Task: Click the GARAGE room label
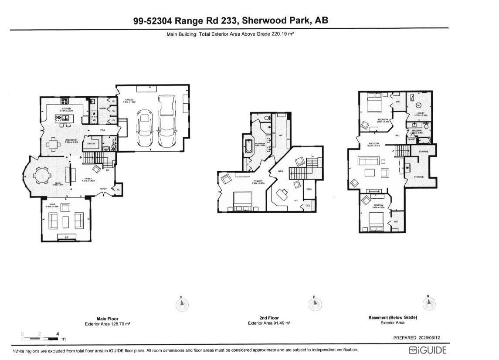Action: point(129,100)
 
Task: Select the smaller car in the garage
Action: point(144,128)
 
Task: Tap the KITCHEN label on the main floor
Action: point(66,108)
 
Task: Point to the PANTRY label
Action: point(92,143)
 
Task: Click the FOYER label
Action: point(103,189)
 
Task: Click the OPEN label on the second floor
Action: point(309,189)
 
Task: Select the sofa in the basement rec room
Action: point(368,160)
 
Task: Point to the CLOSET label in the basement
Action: point(411,139)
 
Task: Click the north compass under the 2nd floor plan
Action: point(315,304)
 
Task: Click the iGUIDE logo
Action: point(428,350)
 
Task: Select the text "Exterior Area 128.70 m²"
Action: point(107,324)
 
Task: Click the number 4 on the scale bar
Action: point(57,334)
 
